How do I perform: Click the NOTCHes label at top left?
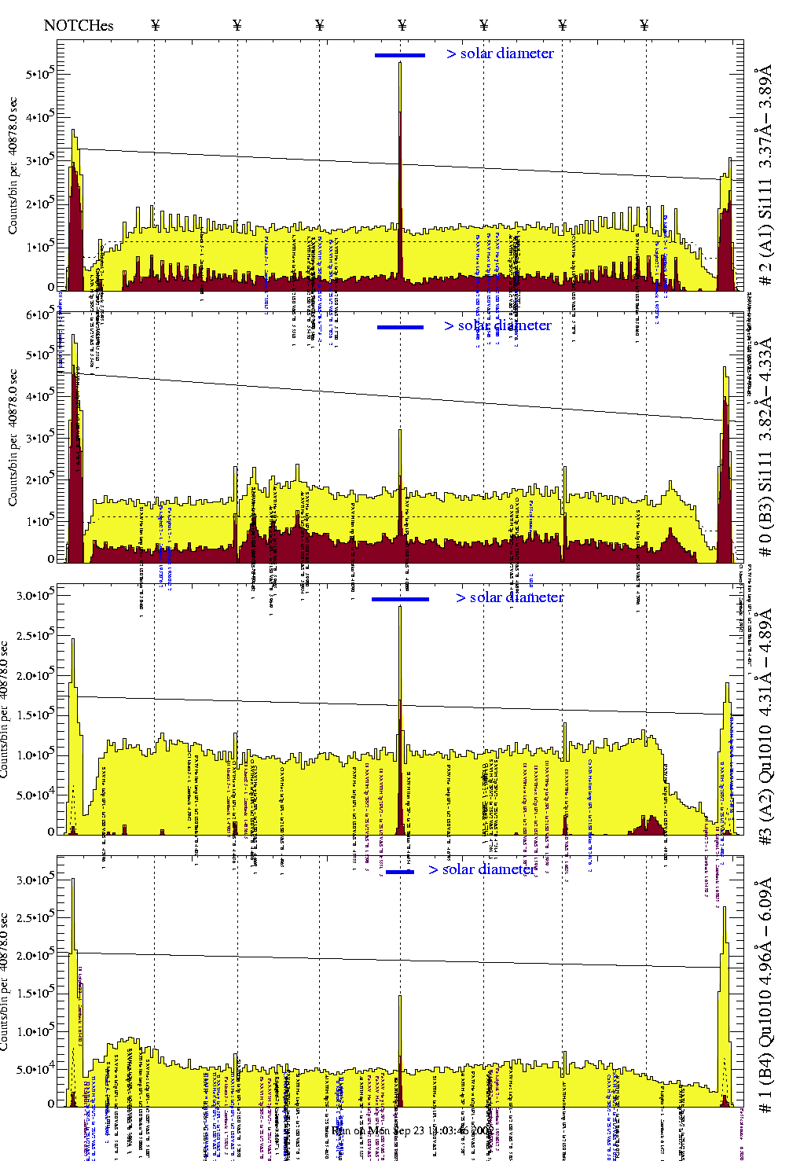coord(79,25)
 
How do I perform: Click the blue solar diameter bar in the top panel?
coord(400,55)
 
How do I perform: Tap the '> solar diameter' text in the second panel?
coord(497,325)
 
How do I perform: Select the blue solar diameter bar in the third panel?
coord(400,599)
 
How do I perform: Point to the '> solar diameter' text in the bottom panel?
coord(483,869)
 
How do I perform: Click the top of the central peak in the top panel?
coord(400,63)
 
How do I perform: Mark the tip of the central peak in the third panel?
coord(400,607)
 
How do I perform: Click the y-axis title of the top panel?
coord(13,165)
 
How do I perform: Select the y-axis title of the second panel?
coord(13,437)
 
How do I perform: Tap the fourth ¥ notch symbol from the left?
coord(402,25)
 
